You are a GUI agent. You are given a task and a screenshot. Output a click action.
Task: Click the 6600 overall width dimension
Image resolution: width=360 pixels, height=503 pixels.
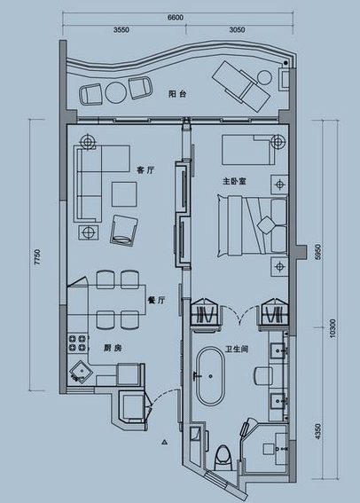[x=176, y=18]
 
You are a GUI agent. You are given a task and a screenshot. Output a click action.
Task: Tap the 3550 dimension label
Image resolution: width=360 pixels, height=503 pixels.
[x=121, y=30]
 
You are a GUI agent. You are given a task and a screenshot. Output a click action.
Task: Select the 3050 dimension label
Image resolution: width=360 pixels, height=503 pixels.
[x=238, y=30]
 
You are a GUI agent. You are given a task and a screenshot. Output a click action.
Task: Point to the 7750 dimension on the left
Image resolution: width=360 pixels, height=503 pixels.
[x=38, y=256]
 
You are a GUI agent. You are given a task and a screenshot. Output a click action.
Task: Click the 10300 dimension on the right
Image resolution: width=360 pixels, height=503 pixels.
[x=333, y=328]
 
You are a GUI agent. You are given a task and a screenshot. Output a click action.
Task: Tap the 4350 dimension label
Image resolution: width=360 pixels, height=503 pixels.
[x=317, y=431]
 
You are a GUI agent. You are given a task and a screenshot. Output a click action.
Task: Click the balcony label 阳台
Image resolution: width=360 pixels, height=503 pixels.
[x=177, y=94]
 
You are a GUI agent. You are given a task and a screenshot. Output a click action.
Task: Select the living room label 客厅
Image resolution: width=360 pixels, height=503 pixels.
[x=145, y=170]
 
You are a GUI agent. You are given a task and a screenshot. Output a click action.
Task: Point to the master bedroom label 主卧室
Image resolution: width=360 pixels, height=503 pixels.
[x=235, y=181]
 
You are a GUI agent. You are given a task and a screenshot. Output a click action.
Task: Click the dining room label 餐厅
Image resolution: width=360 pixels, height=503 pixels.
[x=156, y=300]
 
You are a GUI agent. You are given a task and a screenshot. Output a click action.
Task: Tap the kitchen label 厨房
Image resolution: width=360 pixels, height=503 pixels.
[x=113, y=348]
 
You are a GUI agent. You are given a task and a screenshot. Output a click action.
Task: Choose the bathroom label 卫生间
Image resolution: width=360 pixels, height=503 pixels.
[x=237, y=349]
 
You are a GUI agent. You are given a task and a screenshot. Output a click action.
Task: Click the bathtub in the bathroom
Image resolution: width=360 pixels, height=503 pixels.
[x=211, y=375]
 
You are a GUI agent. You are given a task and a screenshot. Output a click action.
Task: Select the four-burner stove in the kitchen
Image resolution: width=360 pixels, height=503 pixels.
[x=78, y=343]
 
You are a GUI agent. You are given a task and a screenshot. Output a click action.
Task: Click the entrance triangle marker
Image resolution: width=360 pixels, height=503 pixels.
[x=164, y=443]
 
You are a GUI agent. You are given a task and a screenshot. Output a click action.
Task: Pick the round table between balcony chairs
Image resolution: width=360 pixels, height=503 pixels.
[x=116, y=93]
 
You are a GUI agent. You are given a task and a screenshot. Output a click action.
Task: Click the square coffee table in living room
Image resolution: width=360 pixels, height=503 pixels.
[x=124, y=194]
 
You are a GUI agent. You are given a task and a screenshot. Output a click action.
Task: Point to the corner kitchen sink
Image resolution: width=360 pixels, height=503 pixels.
[x=81, y=373]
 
